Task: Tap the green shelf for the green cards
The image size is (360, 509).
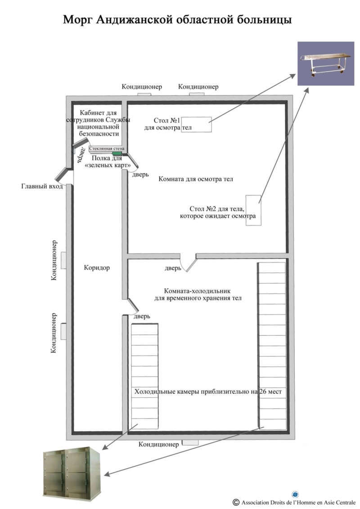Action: pos(117,153)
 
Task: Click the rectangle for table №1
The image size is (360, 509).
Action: pos(196,124)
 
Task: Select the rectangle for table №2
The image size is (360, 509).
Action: pos(253,210)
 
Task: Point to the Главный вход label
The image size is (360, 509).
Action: pos(42,186)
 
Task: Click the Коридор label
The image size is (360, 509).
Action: pos(97,268)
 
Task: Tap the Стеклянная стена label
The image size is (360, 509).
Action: pos(107,149)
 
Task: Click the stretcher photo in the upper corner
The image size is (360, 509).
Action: pos(326,63)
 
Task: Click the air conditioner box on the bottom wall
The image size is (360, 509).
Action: pos(190,442)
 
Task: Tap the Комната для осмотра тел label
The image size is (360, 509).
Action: pos(196,179)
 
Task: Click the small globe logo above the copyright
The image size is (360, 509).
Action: pos(295,495)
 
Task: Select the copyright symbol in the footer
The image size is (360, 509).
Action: pos(236,502)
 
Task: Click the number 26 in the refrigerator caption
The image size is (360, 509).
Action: pos(263,392)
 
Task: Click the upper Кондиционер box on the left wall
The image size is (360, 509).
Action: pos(63,260)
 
